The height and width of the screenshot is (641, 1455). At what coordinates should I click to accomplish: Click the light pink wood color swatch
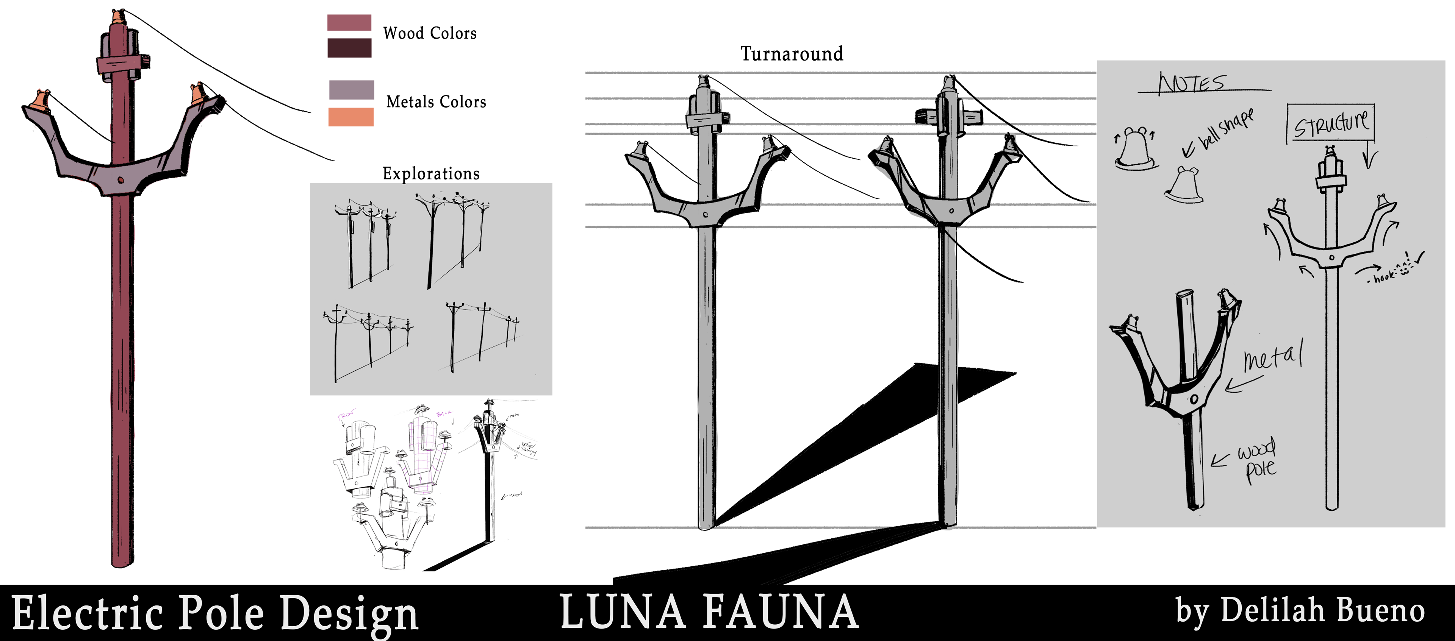coord(349,23)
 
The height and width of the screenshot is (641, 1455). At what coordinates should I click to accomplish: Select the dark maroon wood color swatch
coord(349,48)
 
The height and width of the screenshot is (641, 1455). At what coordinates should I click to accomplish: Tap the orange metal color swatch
coord(351,117)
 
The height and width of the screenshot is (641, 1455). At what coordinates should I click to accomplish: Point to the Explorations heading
coord(431,173)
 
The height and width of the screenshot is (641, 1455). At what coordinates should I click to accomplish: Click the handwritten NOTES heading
coord(1192,84)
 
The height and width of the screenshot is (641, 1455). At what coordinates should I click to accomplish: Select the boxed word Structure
coord(1331,122)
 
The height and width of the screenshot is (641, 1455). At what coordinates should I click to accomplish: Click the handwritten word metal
coord(1273,357)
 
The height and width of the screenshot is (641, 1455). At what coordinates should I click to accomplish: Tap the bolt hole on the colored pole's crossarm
coord(121,180)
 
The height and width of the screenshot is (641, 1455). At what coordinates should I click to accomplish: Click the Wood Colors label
coord(429,33)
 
